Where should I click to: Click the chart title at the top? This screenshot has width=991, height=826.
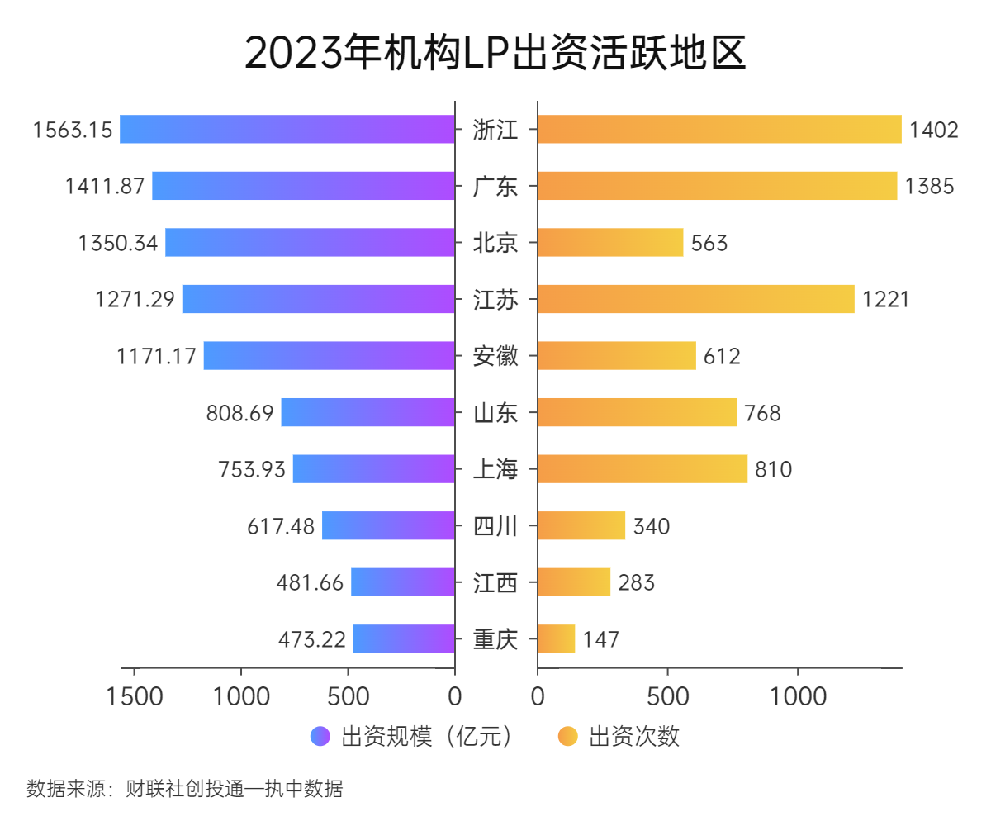pyautogui.click(x=495, y=54)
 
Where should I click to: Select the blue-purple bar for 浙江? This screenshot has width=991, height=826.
pyautogui.click(x=287, y=129)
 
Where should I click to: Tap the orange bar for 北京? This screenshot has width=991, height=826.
pyautogui.click(x=610, y=243)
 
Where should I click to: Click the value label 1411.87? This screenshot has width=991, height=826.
pyautogui.click(x=105, y=186)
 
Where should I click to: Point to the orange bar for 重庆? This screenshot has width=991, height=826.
pyautogui.click(x=556, y=639)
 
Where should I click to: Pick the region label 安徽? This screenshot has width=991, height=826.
pyautogui.click(x=495, y=356)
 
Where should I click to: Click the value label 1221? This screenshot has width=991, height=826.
pyautogui.click(x=885, y=299)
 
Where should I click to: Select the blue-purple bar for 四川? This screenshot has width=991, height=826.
pyautogui.click(x=388, y=526)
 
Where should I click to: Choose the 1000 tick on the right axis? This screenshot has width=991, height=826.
pyautogui.click(x=798, y=696)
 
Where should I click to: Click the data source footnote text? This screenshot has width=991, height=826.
pyautogui.click(x=185, y=789)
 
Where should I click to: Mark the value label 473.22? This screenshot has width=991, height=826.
pyautogui.click(x=312, y=639)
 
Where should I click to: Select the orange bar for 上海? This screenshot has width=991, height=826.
pyautogui.click(x=642, y=469)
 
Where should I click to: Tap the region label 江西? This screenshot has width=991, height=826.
pyautogui.click(x=495, y=583)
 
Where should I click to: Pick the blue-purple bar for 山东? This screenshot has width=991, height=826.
pyautogui.click(x=368, y=413)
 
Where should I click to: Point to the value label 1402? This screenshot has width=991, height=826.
pyautogui.click(x=934, y=130)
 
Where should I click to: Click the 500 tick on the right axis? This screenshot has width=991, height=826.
pyautogui.click(x=668, y=696)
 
